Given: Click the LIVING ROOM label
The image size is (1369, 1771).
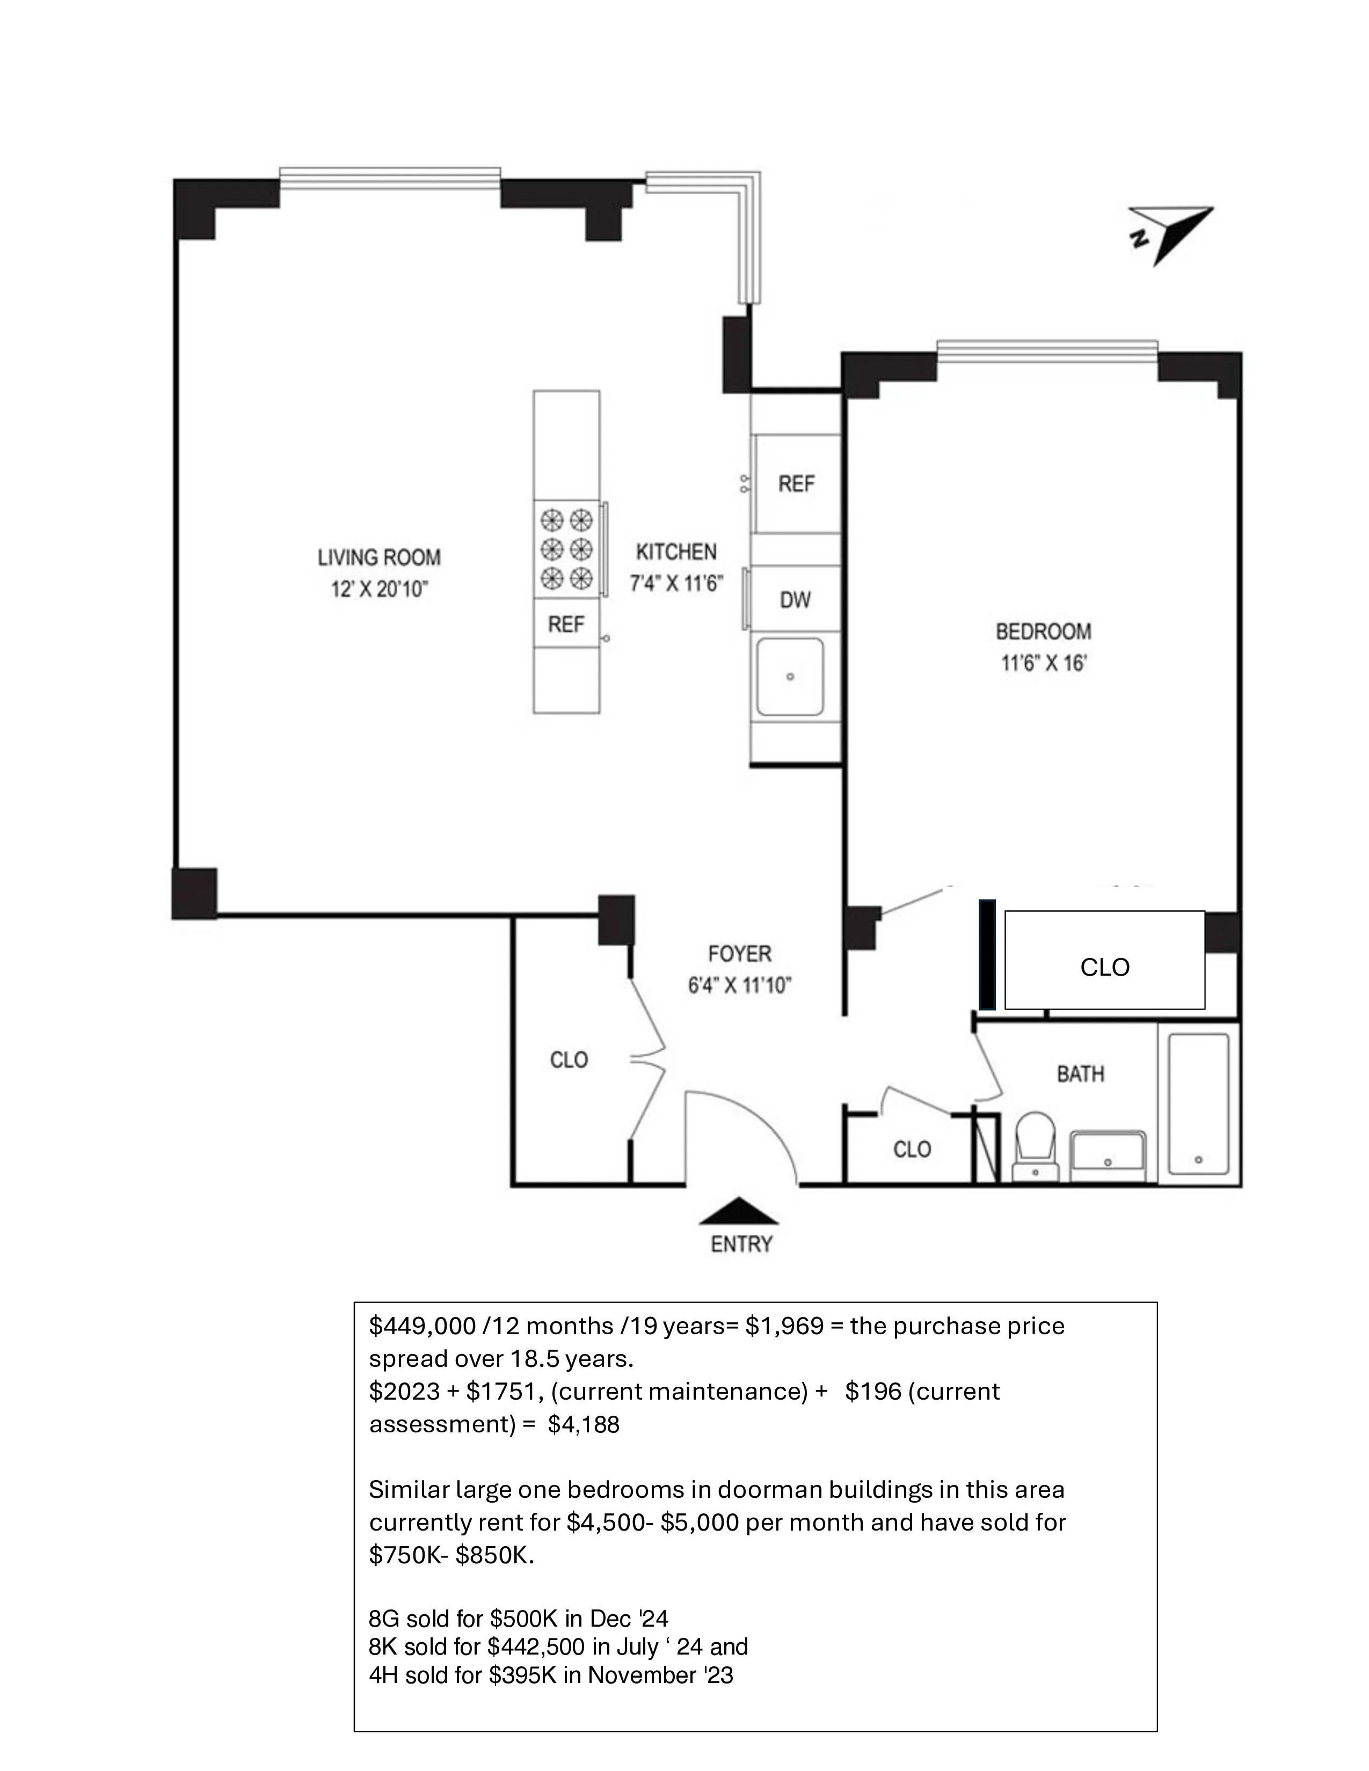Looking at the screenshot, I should pos(378,558).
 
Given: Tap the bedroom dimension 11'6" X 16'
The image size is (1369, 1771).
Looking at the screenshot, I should pos(1043,663).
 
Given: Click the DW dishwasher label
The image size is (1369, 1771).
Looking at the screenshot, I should pos(795,600).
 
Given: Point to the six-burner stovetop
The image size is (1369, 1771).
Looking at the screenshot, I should pos(566,549).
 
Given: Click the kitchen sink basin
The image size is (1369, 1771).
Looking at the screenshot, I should pos(790,676).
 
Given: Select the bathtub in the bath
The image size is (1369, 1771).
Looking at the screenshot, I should pos(1198,1103).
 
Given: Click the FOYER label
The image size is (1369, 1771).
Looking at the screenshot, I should pos(740,954).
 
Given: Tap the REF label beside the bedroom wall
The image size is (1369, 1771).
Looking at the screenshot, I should pos(796,484).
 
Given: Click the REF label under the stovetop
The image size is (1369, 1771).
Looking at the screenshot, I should pos(565,624).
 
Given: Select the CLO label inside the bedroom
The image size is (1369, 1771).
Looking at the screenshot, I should pos(1105,968).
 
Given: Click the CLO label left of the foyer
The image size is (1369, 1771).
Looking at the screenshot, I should pos(569,1060).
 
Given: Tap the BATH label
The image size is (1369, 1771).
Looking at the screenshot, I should pos(1080,1074).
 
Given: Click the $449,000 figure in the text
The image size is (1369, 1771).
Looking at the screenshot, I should pos(421,1326).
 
